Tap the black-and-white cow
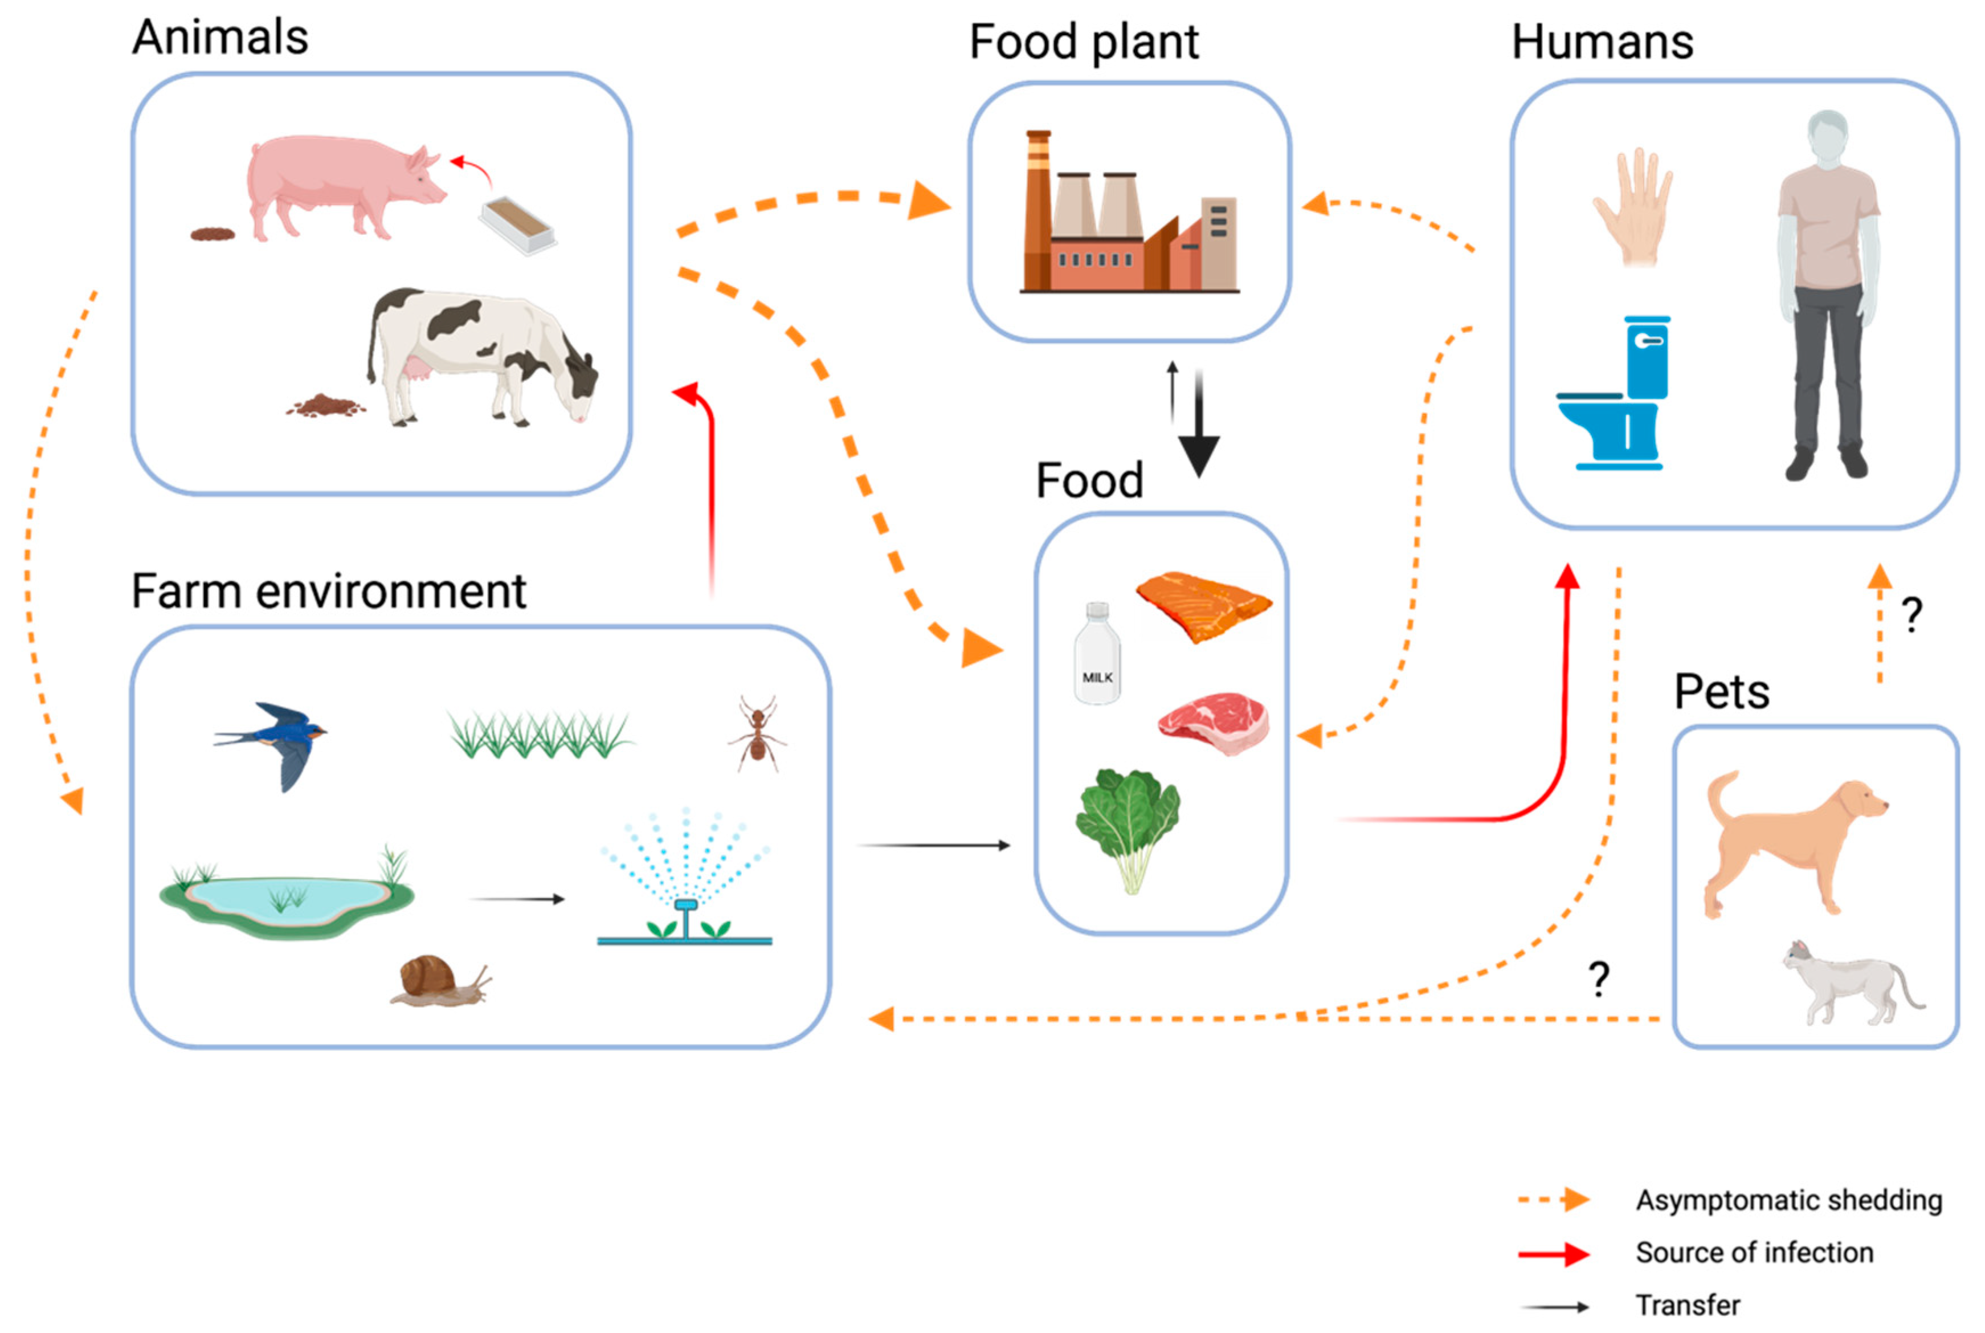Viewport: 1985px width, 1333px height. point(476,353)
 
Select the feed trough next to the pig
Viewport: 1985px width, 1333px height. point(517,225)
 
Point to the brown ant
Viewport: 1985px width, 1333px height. point(755,733)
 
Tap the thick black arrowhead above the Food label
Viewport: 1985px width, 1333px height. point(1198,455)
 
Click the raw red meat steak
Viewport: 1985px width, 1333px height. point(1214,723)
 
